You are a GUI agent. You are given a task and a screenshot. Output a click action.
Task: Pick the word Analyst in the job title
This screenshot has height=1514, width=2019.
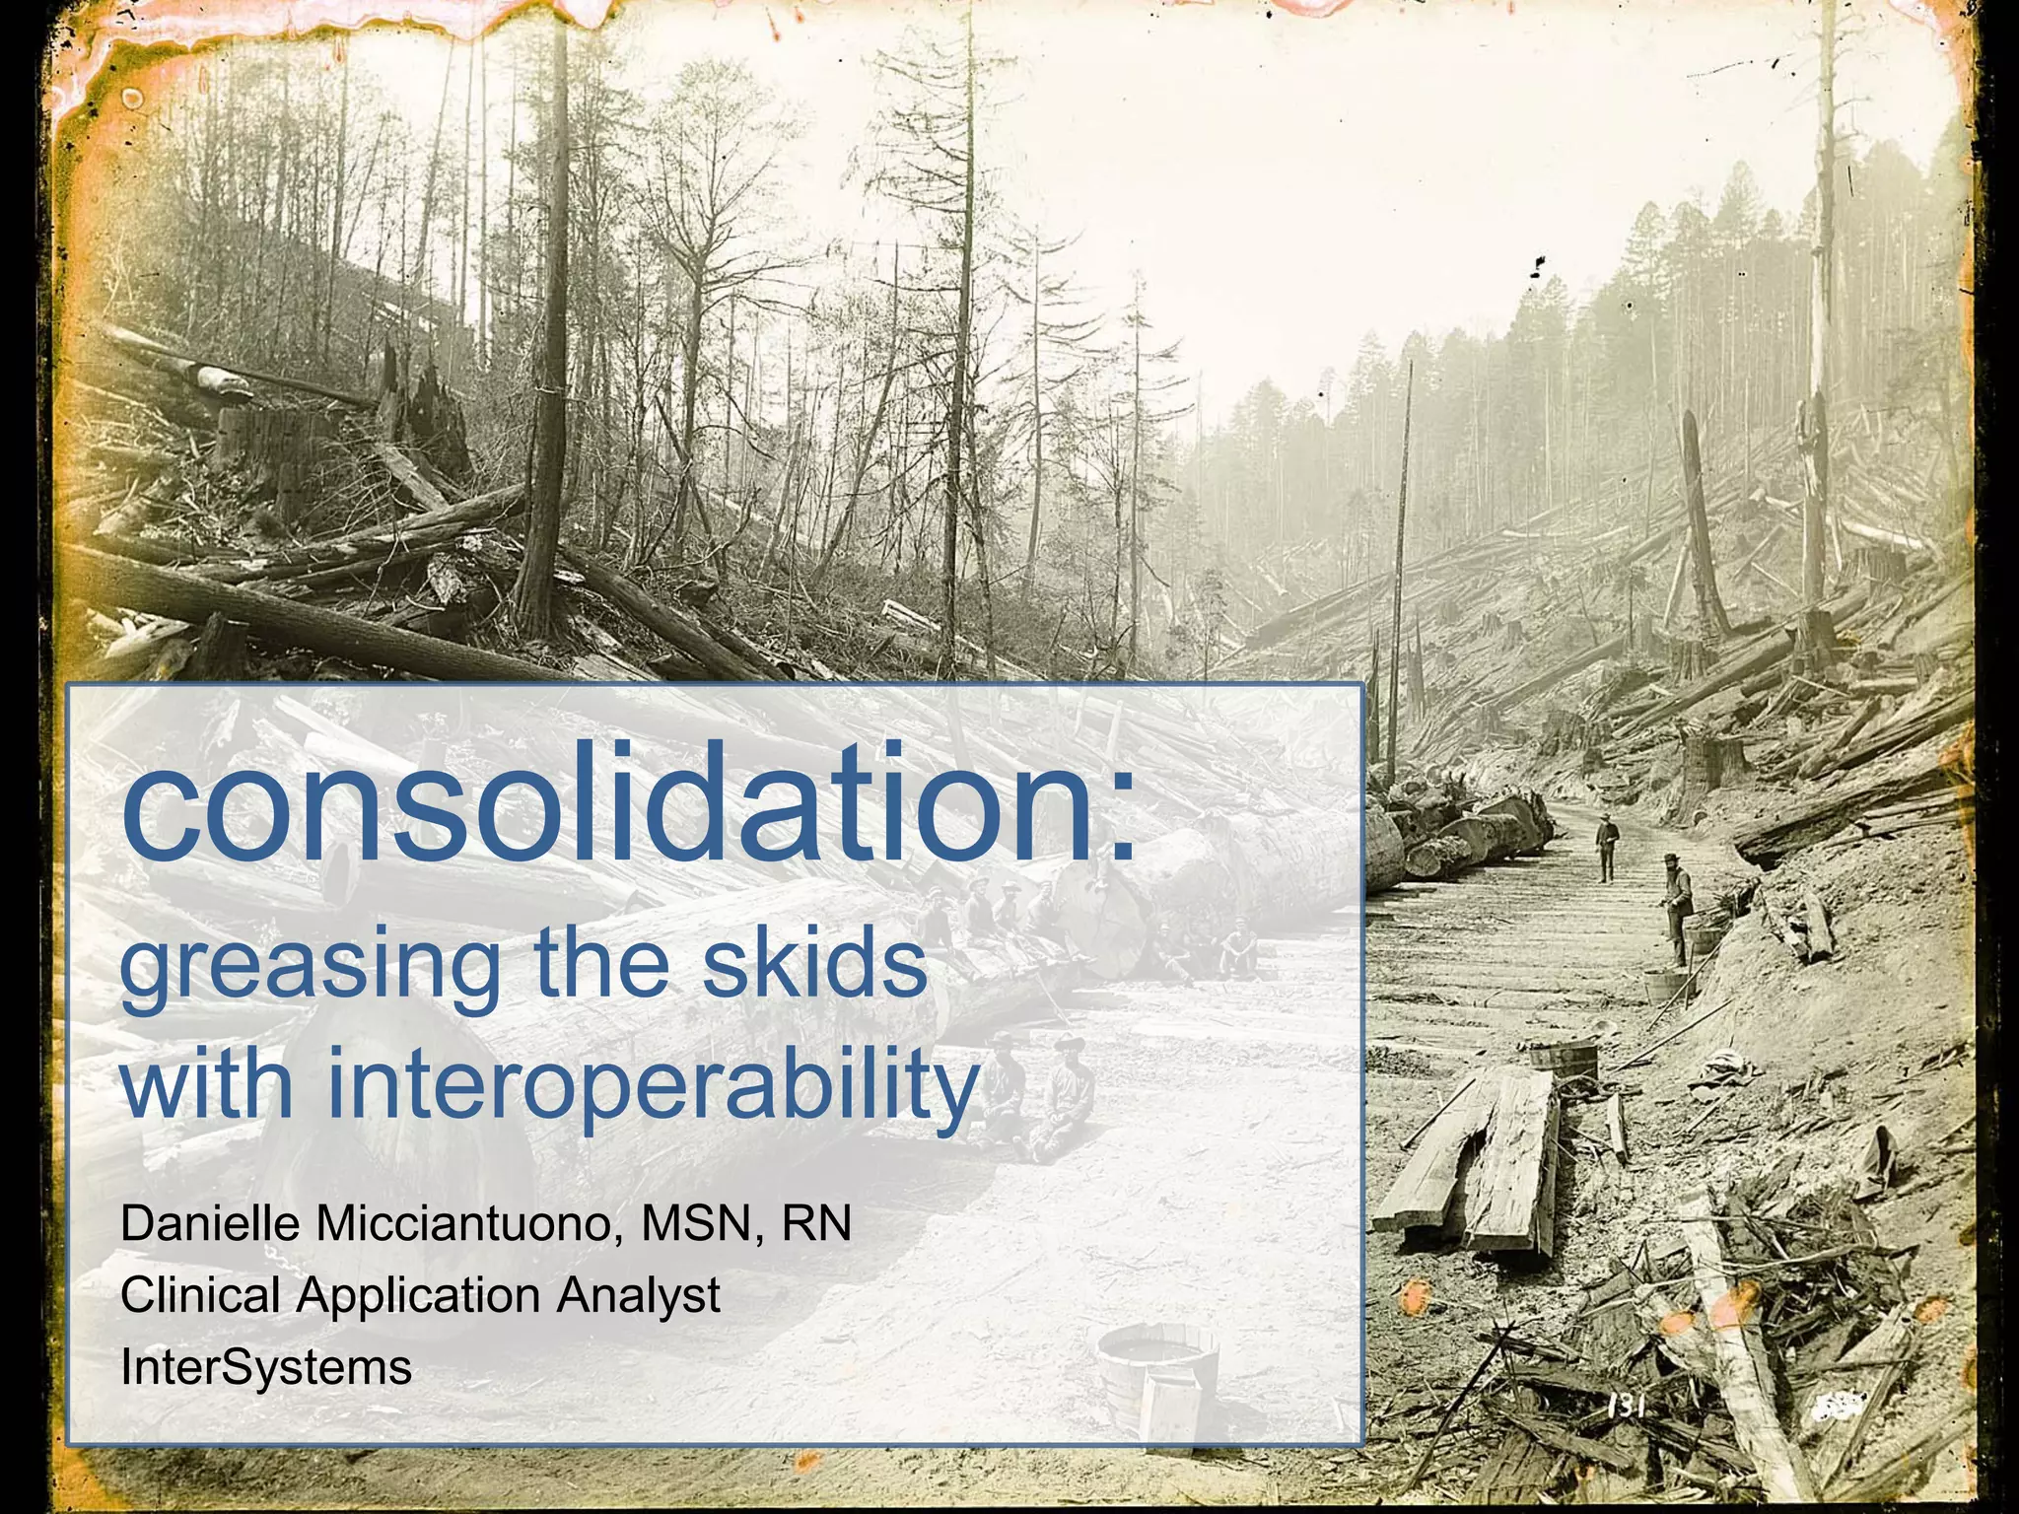click(x=638, y=1295)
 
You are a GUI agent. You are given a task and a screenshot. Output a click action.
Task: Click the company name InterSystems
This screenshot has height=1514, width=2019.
click(x=265, y=1367)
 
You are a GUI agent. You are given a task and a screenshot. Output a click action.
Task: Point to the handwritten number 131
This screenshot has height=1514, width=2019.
click(x=1628, y=1407)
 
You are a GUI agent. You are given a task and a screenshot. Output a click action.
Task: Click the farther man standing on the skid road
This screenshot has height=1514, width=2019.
click(x=1607, y=846)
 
